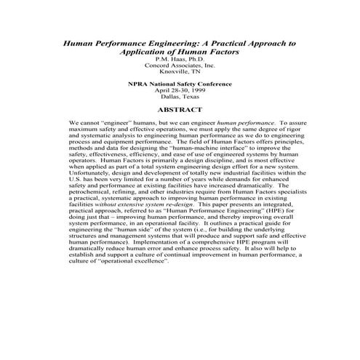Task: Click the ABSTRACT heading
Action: point(180,110)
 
